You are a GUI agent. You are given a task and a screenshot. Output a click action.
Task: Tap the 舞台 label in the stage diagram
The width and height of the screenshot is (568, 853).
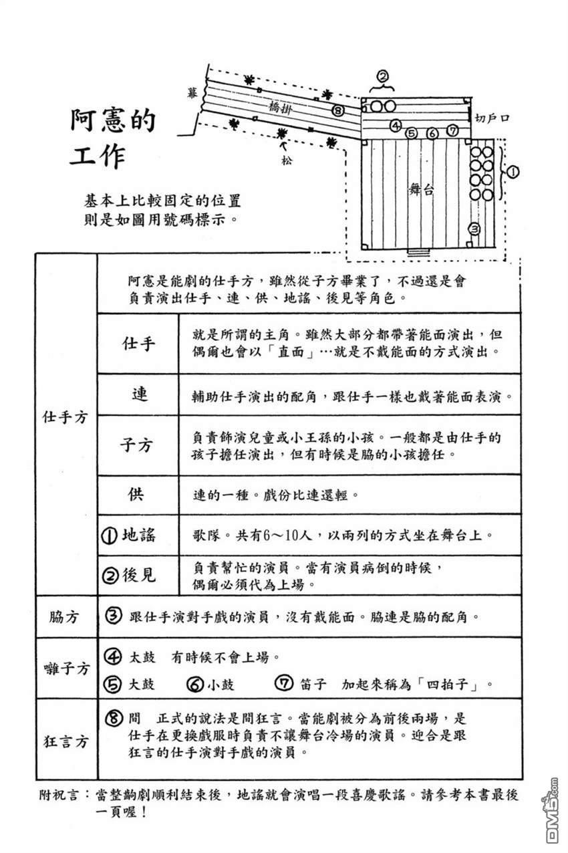422,189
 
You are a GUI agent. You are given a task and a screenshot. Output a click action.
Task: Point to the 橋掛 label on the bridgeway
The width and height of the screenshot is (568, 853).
281,108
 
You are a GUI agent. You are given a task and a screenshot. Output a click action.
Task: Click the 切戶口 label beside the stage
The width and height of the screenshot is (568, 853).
491,118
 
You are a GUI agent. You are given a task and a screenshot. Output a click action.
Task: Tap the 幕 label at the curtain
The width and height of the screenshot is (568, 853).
192,93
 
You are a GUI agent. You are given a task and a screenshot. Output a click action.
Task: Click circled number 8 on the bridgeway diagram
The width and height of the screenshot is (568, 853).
337,111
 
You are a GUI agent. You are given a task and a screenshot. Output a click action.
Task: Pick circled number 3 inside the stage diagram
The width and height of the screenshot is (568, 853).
474,229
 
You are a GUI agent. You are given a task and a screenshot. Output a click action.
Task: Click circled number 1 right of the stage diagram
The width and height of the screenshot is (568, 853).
513,172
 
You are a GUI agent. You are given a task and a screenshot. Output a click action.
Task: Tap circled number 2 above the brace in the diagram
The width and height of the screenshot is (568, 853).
383,76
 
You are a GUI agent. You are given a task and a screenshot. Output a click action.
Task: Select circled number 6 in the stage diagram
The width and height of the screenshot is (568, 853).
432,133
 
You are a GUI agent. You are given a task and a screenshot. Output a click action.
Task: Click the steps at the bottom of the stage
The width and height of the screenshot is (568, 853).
419,252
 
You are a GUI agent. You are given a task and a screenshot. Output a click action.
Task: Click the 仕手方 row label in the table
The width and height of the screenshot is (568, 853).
65,417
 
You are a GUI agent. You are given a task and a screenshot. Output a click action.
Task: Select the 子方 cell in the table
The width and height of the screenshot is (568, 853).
137,445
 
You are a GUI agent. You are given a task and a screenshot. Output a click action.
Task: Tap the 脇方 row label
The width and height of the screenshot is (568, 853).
63,616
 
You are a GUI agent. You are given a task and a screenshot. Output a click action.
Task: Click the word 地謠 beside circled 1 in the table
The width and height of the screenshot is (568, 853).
139,535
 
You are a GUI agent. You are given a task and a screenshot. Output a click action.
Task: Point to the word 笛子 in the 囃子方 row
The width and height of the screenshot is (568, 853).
313,684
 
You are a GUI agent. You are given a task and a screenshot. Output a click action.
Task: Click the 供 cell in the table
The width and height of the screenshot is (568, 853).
136,494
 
